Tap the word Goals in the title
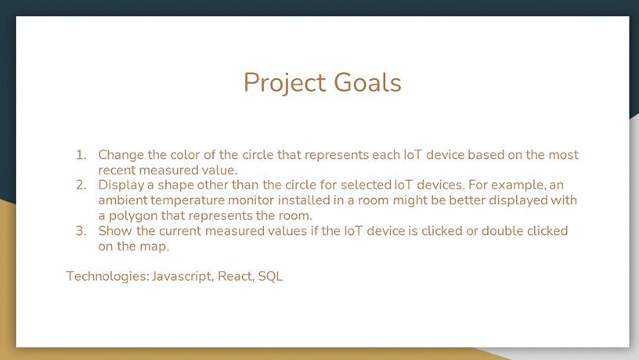367,82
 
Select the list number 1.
81,155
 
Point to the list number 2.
81,185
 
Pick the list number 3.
81,231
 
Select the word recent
117,171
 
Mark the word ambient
123,200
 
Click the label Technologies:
107,277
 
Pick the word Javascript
182,277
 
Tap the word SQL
271,276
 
